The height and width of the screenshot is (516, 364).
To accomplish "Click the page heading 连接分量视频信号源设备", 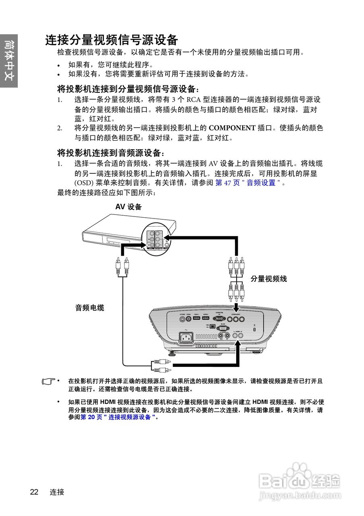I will [112, 40].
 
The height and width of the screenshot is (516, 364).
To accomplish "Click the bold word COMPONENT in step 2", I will [232, 128].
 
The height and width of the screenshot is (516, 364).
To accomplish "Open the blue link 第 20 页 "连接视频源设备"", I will [117, 417].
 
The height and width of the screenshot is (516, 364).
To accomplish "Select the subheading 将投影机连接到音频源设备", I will [111, 153].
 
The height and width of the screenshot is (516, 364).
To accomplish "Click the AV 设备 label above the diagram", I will [129, 207].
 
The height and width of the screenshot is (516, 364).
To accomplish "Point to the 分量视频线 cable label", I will [269, 279].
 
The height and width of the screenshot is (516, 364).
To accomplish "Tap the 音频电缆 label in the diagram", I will [89, 308].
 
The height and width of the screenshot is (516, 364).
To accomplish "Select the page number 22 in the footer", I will [34, 492].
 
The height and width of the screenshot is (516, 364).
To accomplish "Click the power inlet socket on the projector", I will [186, 337].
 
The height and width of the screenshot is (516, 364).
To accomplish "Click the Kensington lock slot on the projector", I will [254, 330].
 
